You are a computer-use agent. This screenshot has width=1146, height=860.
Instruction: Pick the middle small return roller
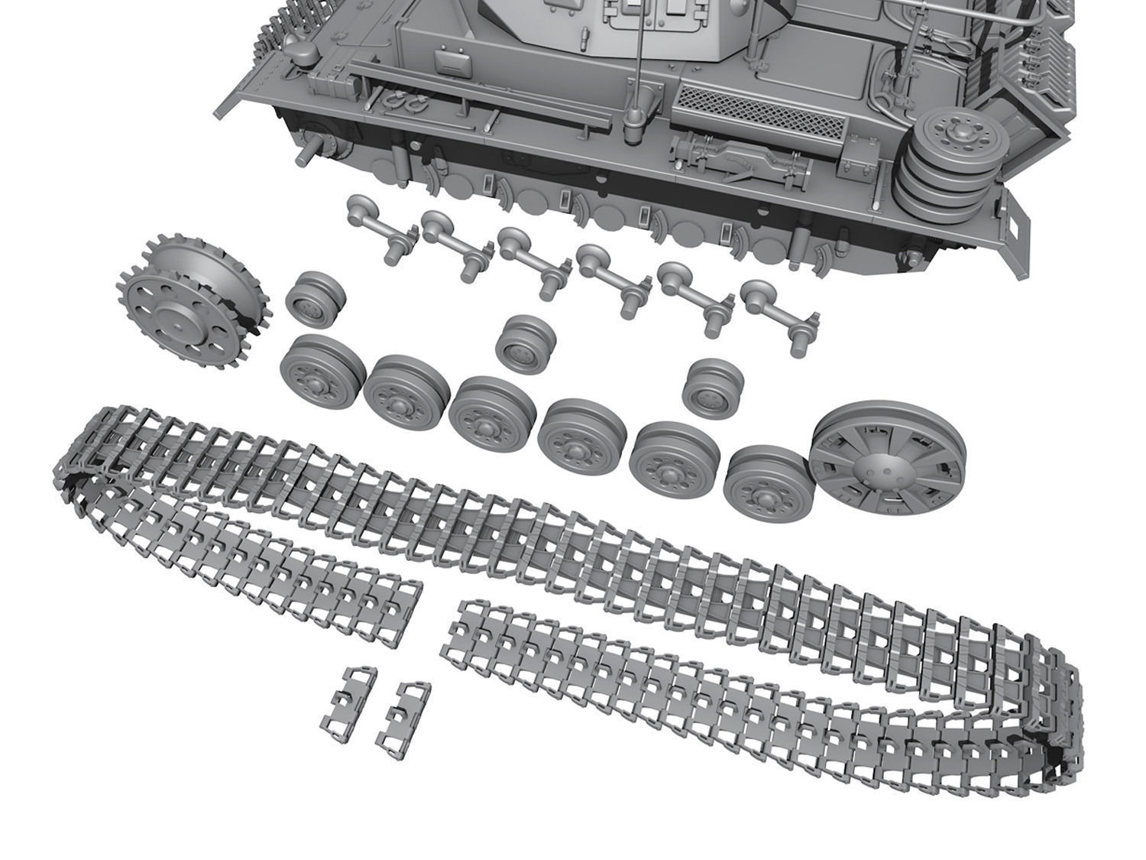[x=525, y=343]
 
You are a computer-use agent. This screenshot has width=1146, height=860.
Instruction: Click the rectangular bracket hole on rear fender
[x=1017, y=227]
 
